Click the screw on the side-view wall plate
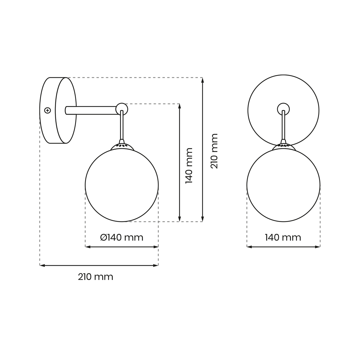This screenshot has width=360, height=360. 47,110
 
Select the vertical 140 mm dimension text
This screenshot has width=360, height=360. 189,166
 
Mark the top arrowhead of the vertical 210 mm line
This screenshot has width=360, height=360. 202,80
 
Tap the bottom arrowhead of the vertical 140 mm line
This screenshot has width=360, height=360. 179,219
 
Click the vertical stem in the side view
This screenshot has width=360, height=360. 122,125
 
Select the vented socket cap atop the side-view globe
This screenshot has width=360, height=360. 122,146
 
